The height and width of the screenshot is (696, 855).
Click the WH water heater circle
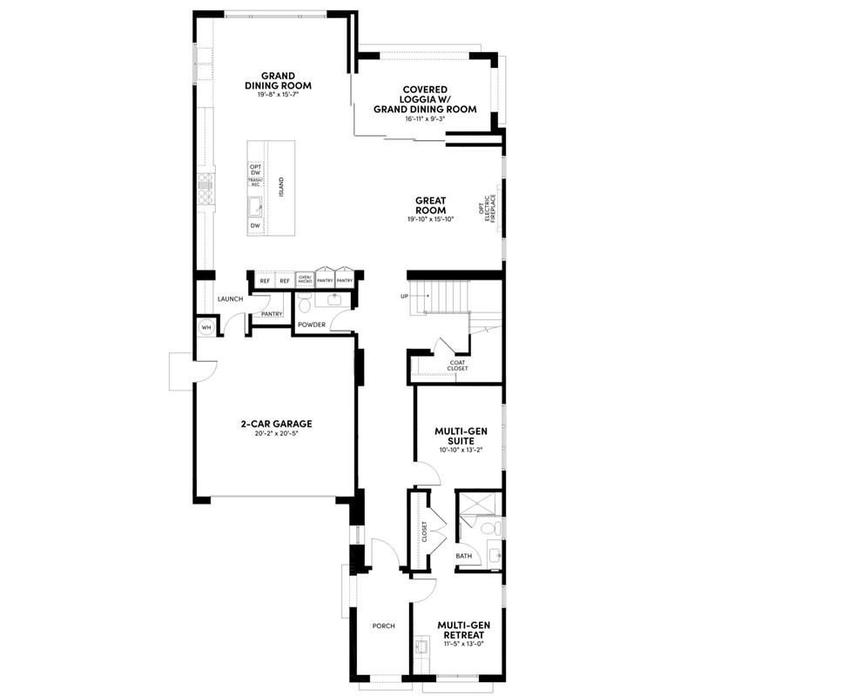[x=206, y=327]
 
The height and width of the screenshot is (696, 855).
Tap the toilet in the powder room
[x=304, y=304]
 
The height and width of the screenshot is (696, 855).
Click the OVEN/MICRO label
[x=305, y=280]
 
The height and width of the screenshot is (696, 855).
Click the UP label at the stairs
[x=404, y=297]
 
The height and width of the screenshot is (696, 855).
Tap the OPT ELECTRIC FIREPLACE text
[x=490, y=210]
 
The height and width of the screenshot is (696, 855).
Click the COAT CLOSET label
[x=458, y=365]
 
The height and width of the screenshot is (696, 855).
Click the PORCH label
[x=384, y=625]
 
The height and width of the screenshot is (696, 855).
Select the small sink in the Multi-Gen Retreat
[x=422, y=646]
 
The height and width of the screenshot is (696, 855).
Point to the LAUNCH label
[x=230, y=298]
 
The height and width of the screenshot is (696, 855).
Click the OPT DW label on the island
[x=255, y=170]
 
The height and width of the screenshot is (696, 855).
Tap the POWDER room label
[x=311, y=325]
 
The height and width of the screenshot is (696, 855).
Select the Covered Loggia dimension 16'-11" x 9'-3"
[x=425, y=118]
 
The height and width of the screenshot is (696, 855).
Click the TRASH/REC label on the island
[x=255, y=183]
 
